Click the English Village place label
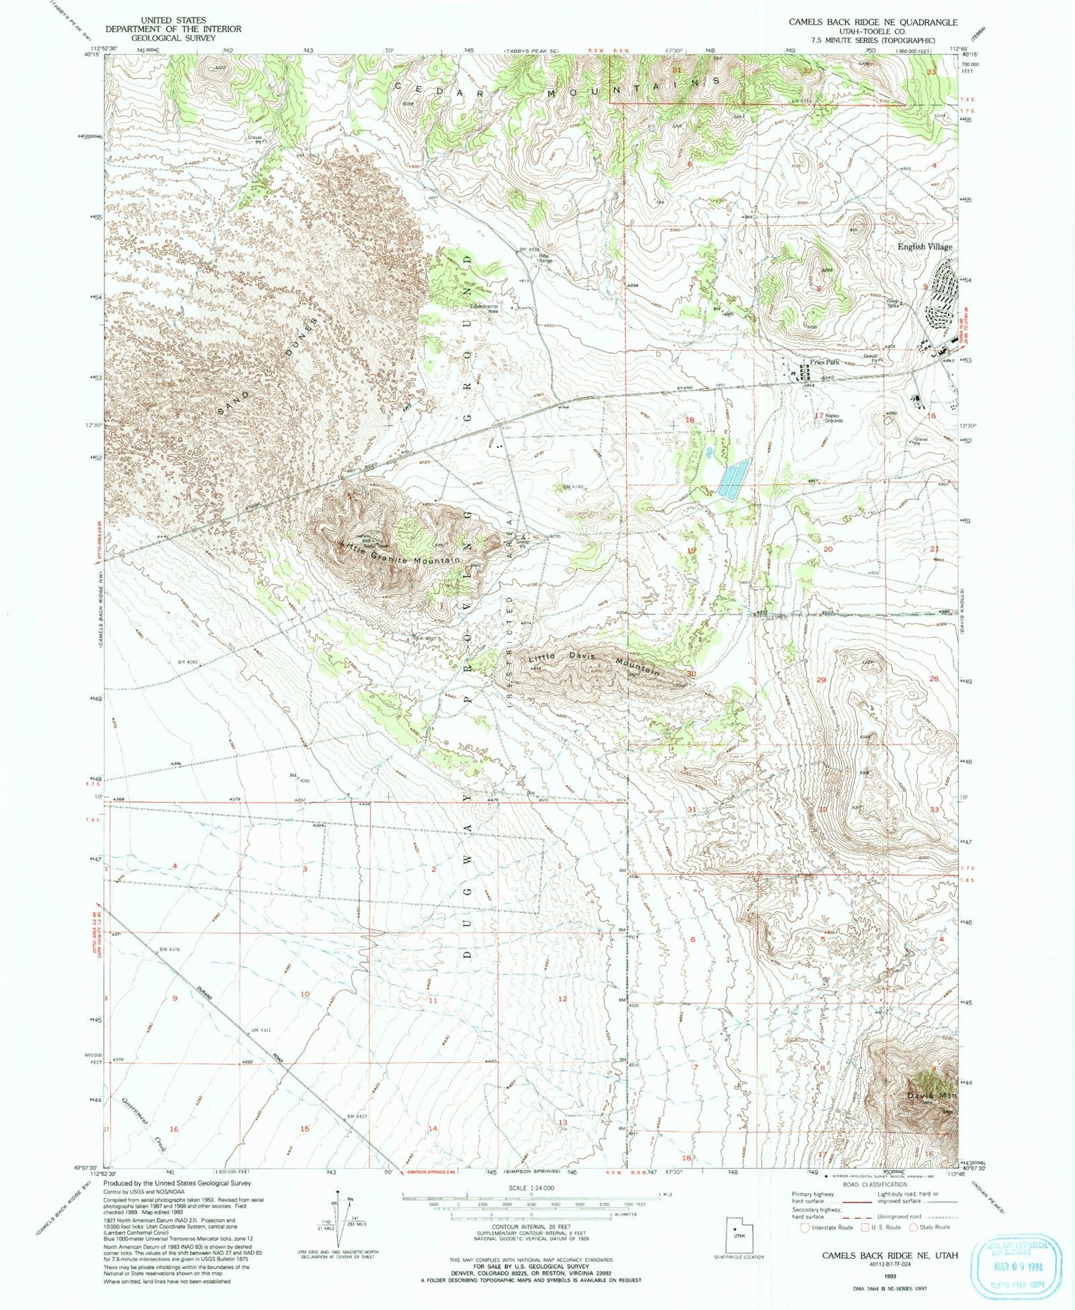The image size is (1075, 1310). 924,247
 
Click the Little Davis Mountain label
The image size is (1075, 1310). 593,663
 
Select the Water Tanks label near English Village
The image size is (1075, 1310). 892,303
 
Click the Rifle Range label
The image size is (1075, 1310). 545,258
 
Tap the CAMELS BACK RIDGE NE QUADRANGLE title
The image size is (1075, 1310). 872,22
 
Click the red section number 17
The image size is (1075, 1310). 818,415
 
